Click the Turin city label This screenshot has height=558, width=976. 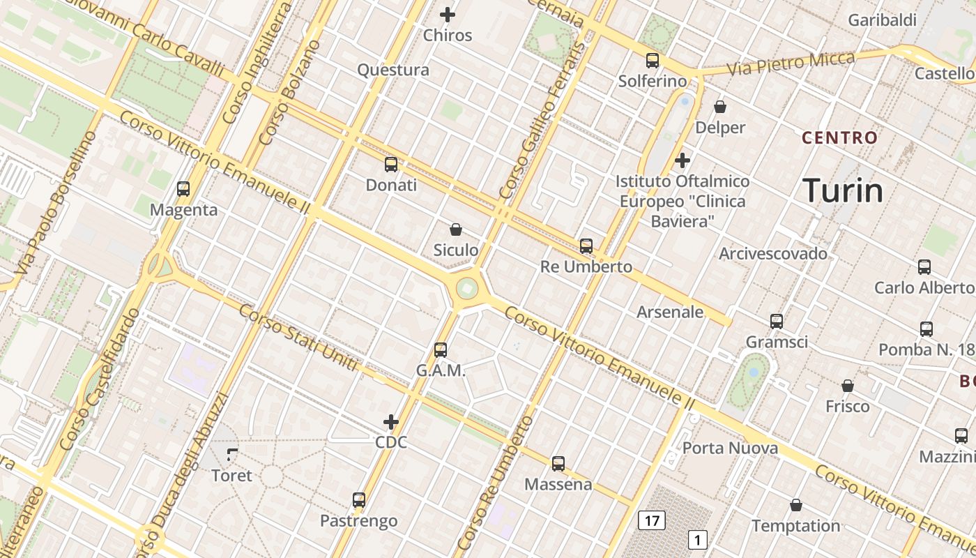point(843,190)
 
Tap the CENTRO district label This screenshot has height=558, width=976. point(839,137)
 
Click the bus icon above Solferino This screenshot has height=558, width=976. point(653,61)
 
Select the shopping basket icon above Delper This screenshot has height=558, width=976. point(720,107)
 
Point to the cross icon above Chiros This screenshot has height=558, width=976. point(448,14)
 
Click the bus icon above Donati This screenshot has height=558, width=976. point(391,165)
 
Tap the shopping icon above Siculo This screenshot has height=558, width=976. point(456,229)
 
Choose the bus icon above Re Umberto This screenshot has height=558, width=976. point(586,246)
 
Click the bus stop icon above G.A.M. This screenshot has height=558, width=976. point(441,350)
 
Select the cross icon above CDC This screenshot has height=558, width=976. point(391,422)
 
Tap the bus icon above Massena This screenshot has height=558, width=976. point(558,463)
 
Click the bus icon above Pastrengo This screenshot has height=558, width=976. point(359,500)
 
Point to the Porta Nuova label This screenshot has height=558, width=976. point(730,448)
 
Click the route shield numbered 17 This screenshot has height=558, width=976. point(652,520)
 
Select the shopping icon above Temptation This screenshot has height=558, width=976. point(796,505)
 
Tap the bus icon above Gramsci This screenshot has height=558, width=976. point(777,322)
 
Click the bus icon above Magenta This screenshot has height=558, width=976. point(183,189)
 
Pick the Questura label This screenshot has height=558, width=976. point(393,70)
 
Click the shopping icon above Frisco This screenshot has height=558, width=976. point(848,386)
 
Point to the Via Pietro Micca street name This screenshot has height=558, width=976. point(790,63)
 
